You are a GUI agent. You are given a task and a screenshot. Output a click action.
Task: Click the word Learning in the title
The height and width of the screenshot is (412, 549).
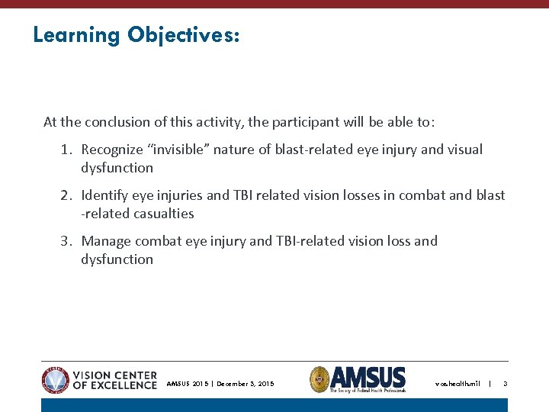(x=76, y=36)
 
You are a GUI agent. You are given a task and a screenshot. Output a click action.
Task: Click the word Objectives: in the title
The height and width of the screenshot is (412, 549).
(x=183, y=36)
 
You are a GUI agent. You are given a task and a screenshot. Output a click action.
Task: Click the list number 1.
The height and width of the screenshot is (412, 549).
(x=66, y=150)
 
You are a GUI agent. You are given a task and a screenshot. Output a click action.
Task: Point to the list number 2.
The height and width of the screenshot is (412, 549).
(x=66, y=195)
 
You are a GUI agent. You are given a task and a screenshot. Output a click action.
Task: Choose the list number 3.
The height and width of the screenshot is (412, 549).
(x=66, y=241)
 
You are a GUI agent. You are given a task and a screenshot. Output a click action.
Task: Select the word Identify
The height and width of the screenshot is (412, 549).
(x=104, y=195)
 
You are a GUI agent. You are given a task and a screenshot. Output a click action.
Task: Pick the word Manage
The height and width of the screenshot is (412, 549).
(x=106, y=241)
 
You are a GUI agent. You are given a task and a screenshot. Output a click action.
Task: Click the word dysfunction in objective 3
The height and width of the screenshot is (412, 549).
(x=117, y=259)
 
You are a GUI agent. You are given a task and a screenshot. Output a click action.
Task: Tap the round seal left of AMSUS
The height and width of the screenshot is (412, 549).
(x=320, y=379)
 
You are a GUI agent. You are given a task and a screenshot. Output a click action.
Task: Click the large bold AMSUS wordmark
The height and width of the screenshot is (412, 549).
(x=369, y=377)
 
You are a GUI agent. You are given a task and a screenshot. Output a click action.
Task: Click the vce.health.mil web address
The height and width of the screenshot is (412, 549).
(x=457, y=384)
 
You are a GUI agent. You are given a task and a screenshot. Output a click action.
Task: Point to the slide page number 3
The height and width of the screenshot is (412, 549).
(x=505, y=384)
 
